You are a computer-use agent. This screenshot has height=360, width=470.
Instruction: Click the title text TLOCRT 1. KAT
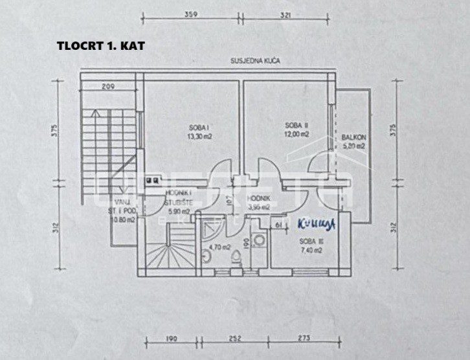click(x=101, y=46)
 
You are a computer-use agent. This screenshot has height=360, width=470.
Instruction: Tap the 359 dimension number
click(x=190, y=14)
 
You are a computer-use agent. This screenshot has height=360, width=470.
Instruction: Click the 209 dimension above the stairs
click(x=108, y=86)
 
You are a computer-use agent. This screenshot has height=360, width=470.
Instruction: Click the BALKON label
click(x=355, y=137)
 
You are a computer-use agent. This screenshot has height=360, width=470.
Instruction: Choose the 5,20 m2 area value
click(x=354, y=146)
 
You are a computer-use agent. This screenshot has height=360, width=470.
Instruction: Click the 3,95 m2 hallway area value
click(x=259, y=208)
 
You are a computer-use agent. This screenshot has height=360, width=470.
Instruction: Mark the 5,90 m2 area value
click(x=179, y=211)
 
